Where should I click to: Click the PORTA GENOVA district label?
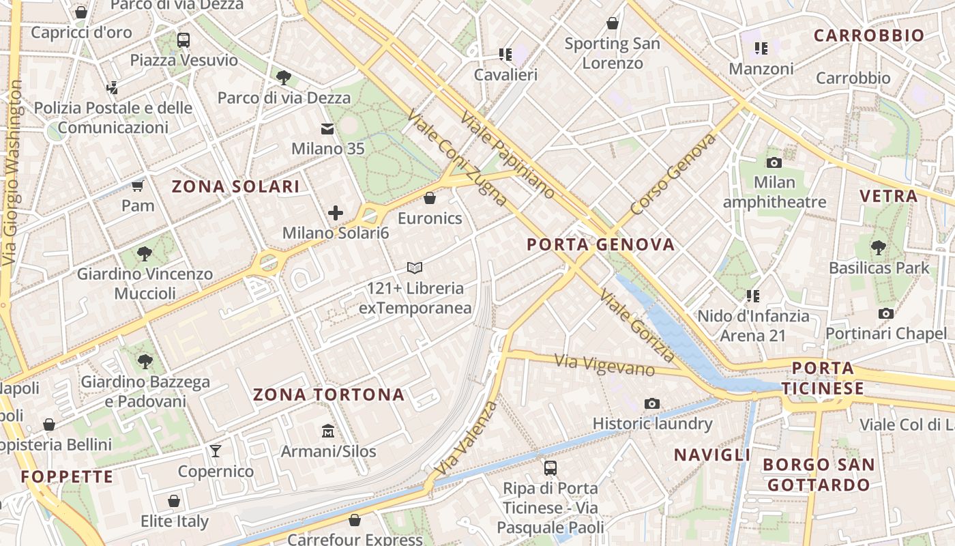[601, 244]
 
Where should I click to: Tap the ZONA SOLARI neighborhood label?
[235, 186]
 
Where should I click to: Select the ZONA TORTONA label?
[329, 394]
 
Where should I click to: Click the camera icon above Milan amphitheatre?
[774, 162]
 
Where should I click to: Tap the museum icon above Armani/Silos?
[328, 431]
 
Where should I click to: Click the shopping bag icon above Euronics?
[430, 199]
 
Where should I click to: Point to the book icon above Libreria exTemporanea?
[415, 268]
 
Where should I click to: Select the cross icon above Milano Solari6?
[335, 213]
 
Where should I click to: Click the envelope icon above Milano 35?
[327, 128]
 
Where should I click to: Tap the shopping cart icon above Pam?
[138, 186]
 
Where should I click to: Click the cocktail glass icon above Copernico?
[216, 451]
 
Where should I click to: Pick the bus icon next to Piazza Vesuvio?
[183, 40]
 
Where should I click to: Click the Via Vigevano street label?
[604, 364]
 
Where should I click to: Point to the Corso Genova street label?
[673, 174]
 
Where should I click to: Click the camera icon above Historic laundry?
[652, 403]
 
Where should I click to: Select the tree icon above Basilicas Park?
[879, 248]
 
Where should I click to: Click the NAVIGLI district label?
[711, 455]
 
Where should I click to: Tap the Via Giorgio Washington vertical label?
[11, 174]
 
